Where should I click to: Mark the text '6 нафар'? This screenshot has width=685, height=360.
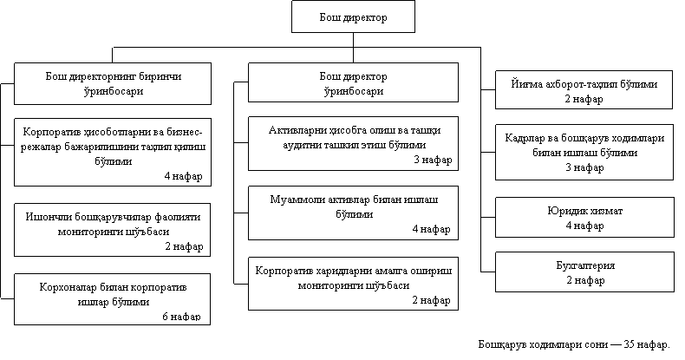point(182,316)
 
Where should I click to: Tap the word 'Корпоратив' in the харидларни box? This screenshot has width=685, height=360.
point(284,271)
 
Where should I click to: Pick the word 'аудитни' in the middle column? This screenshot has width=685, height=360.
point(290,144)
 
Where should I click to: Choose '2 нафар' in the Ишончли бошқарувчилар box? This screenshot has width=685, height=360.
point(183,246)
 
